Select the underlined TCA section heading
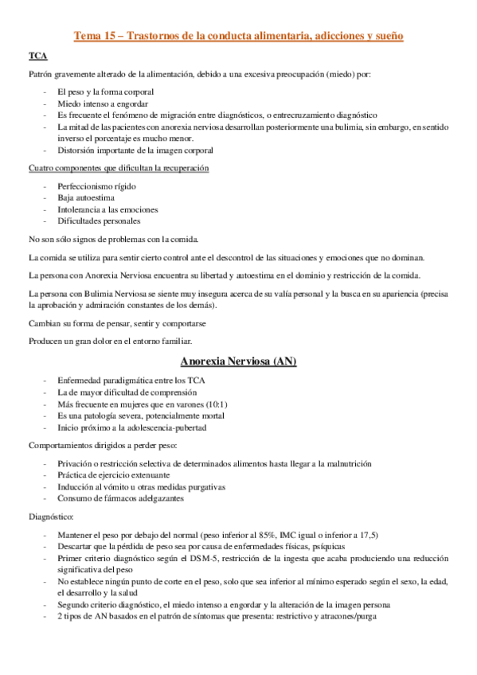tap(37, 56)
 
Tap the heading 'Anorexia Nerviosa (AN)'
tap(239, 361)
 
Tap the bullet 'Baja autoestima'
tap(86, 197)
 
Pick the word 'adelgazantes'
tap(158, 498)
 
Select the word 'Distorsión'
tap(77, 150)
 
